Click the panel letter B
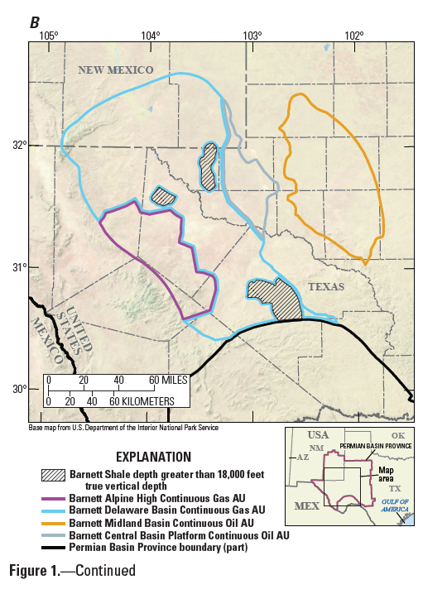[35, 22]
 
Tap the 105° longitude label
[48, 35]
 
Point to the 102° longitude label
[354, 35]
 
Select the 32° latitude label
[19, 146]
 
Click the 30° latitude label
[19, 389]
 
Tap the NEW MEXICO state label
[116, 70]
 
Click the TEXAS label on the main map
[326, 286]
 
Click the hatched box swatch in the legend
[53, 476]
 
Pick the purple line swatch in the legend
[53, 499]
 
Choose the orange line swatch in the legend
[53, 523]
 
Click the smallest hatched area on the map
[163, 196]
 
